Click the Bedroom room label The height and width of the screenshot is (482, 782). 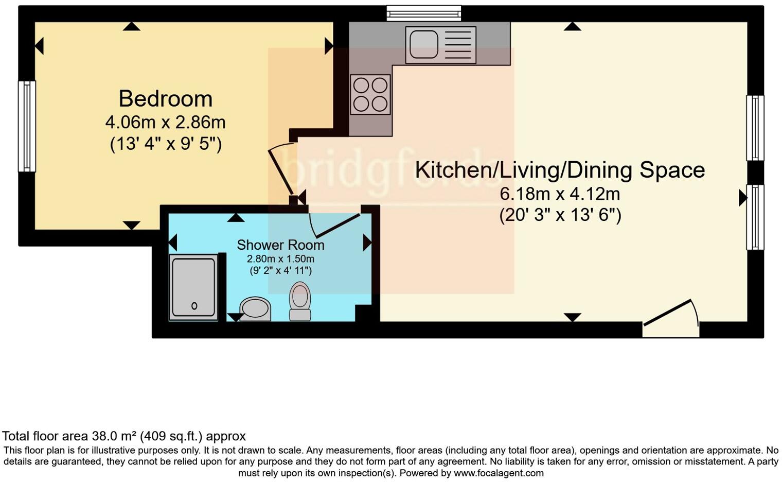click(165, 98)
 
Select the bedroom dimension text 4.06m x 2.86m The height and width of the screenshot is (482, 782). click(165, 123)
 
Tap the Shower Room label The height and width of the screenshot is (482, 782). click(280, 245)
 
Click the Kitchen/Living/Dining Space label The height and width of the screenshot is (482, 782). click(560, 170)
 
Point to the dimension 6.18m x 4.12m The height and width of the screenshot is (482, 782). click(560, 194)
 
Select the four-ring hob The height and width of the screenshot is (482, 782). click(370, 94)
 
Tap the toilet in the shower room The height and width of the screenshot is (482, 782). click(300, 301)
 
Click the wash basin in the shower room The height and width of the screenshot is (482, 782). click(255, 309)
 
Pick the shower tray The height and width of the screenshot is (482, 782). click(193, 287)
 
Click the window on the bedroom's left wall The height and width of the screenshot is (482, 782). click(27, 126)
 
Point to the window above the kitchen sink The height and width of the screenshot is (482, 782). click(424, 13)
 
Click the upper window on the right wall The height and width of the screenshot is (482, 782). click(755, 128)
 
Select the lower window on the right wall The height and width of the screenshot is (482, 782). click(755, 217)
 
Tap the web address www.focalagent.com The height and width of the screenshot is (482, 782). click(499, 473)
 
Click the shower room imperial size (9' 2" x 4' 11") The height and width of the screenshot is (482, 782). click(280, 270)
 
